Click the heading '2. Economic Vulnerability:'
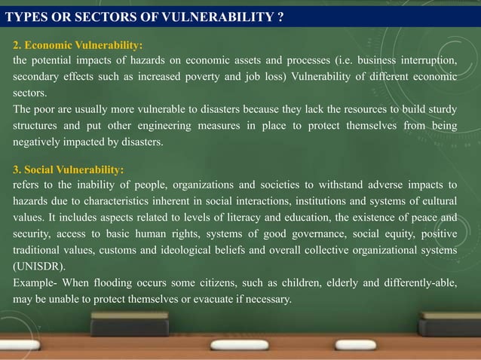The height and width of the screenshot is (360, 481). [78, 45]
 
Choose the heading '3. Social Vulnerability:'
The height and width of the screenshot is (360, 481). [69, 169]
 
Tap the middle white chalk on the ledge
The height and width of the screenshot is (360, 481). [238, 345]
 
